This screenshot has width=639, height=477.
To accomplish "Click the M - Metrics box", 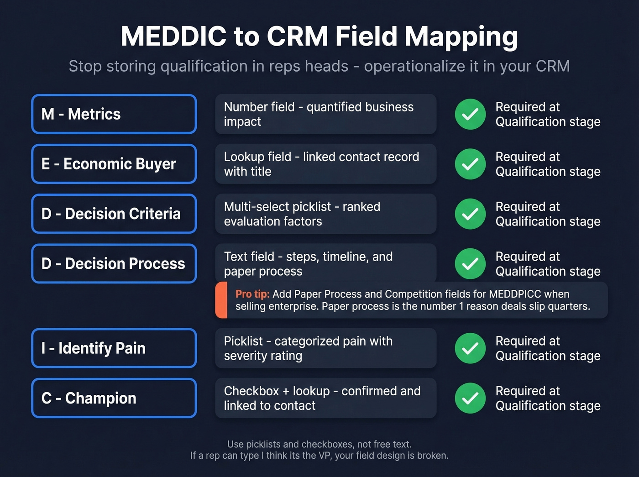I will [x=114, y=114].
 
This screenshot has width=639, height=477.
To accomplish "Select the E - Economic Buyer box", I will [x=114, y=164].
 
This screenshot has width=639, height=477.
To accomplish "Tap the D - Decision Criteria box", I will [x=114, y=214].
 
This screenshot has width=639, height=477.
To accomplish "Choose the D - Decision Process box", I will [x=114, y=263].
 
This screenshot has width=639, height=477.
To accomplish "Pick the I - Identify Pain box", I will [x=114, y=348].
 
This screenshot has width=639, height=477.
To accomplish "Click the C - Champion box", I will [x=114, y=398].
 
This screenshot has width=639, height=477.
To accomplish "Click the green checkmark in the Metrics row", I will [x=470, y=114].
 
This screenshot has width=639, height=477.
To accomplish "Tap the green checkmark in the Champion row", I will [x=470, y=398].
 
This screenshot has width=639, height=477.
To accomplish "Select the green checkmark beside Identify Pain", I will [x=470, y=348].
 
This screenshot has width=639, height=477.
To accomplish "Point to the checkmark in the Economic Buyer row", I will [x=470, y=164].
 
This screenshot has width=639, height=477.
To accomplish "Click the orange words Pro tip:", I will [x=252, y=294].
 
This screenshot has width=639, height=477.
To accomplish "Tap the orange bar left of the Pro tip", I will [x=221, y=300].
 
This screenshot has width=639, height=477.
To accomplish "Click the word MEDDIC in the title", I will [x=173, y=37].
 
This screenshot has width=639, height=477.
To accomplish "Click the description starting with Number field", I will [x=325, y=114].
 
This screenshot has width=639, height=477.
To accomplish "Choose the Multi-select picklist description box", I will [x=325, y=214].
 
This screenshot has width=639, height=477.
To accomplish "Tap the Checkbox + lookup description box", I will [x=325, y=398].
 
